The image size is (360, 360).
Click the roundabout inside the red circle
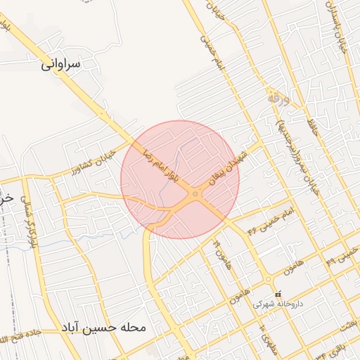pos(195,194)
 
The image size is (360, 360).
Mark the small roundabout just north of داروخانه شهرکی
pos(267,277)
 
